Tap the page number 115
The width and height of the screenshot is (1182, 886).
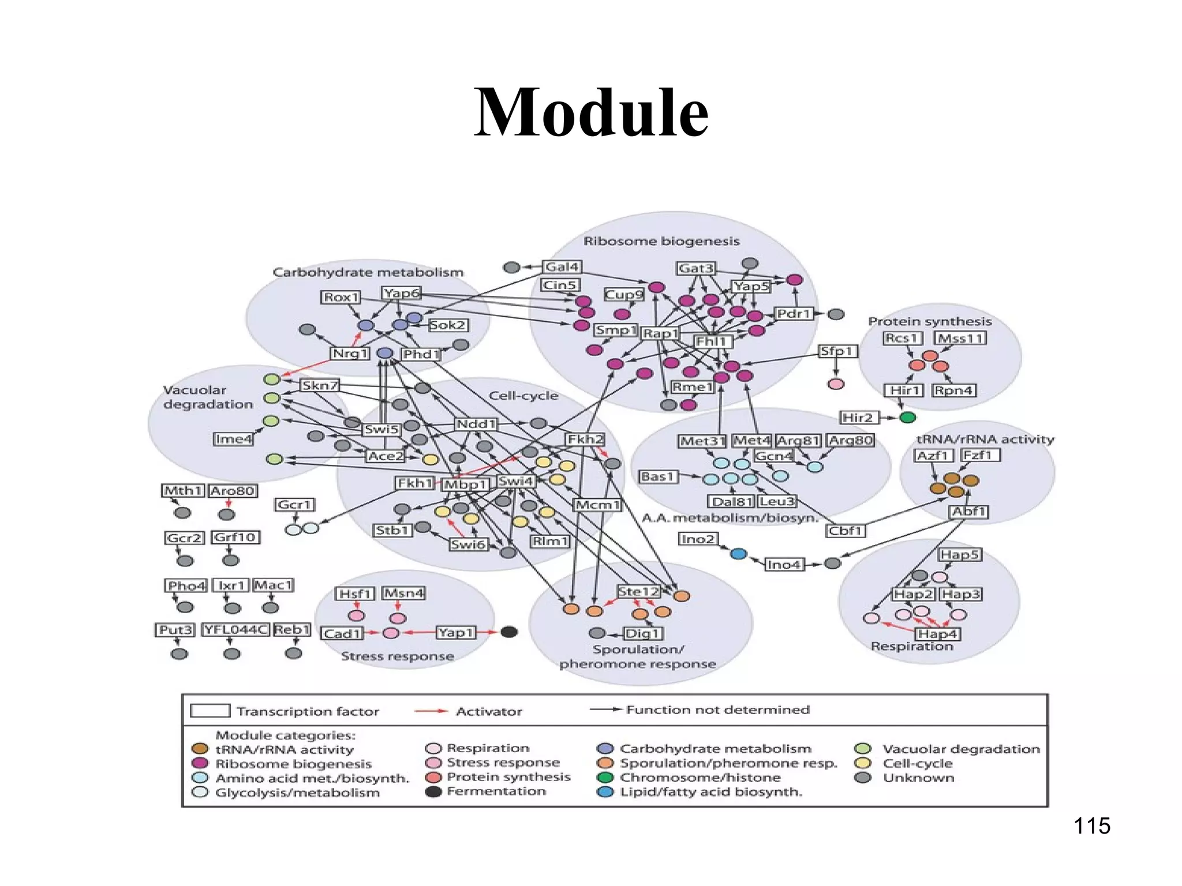pyautogui.click(x=1091, y=826)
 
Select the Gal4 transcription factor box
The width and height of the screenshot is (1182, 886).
pyautogui.click(x=562, y=266)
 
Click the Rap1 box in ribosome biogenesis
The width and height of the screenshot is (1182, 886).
pyautogui.click(x=660, y=333)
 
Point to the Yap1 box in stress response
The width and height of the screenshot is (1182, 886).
pyautogui.click(x=455, y=632)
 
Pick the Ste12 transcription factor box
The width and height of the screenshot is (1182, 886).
pyautogui.click(x=638, y=591)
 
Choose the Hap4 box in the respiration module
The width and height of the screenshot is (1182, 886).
pyautogui.click(x=937, y=633)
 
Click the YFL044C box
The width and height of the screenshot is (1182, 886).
pyautogui.click(x=235, y=629)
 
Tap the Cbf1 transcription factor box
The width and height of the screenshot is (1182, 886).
pyautogui.click(x=845, y=531)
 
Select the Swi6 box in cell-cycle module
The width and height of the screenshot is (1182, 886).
pyautogui.click(x=468, y=544)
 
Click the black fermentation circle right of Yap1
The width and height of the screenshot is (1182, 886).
pyautogui.click(x=508, y=632)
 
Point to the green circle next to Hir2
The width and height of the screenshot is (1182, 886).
pyautogui.click(x=907, y=417)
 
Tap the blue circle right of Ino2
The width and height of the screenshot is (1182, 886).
pyautogui.click(x=738, y=554)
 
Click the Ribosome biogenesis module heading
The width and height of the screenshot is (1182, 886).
pyautogui.click(x=661, y=241)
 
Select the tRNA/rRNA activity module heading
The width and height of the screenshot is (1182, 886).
pyautogui.click(x=985, y=440)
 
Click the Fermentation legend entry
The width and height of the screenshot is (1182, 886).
pyautogui.click(x=496, y=791)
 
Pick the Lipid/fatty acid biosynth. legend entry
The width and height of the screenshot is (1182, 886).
pyautogui.click(x=710, y=792)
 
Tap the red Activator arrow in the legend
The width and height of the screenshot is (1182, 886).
pyautogui.click(x=431, y=711)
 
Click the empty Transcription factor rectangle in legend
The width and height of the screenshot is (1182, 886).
pyautogui.click(x=210, y=711)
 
